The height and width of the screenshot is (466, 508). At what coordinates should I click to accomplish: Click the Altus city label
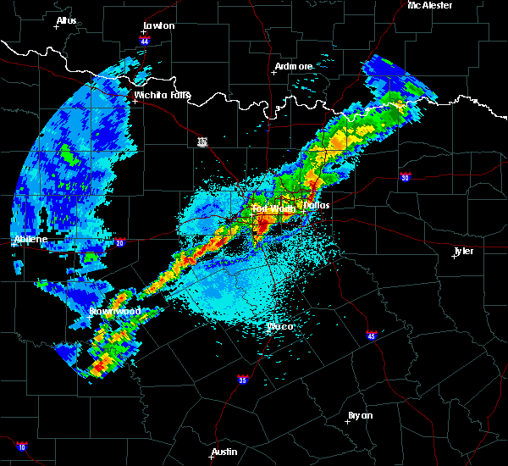(66, 19)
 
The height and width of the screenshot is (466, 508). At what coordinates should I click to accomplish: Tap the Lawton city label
(158, 25)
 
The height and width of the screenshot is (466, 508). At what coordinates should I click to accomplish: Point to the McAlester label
(430, 5)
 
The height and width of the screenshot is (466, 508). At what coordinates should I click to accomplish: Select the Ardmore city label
(294, 65)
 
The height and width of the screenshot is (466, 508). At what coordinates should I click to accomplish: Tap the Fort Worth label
(273, 208)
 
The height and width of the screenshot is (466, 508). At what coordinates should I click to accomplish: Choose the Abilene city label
(30, 240)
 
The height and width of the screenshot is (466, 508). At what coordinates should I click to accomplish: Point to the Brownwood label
(115, 311)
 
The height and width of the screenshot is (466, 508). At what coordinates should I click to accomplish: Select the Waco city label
(280, 326)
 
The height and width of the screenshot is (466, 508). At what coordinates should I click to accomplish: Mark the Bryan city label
(360, 415)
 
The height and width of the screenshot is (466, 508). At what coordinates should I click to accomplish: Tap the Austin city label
(224, 452)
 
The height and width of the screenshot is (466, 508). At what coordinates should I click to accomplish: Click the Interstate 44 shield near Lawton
(145, 40)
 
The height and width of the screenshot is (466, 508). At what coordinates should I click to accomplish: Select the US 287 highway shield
(202, 141)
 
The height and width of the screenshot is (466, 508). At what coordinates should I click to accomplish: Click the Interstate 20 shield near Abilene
(119, 241)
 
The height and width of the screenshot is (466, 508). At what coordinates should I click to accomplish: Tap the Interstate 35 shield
(243, 379)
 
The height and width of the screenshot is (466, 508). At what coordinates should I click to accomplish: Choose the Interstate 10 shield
(22, 447)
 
